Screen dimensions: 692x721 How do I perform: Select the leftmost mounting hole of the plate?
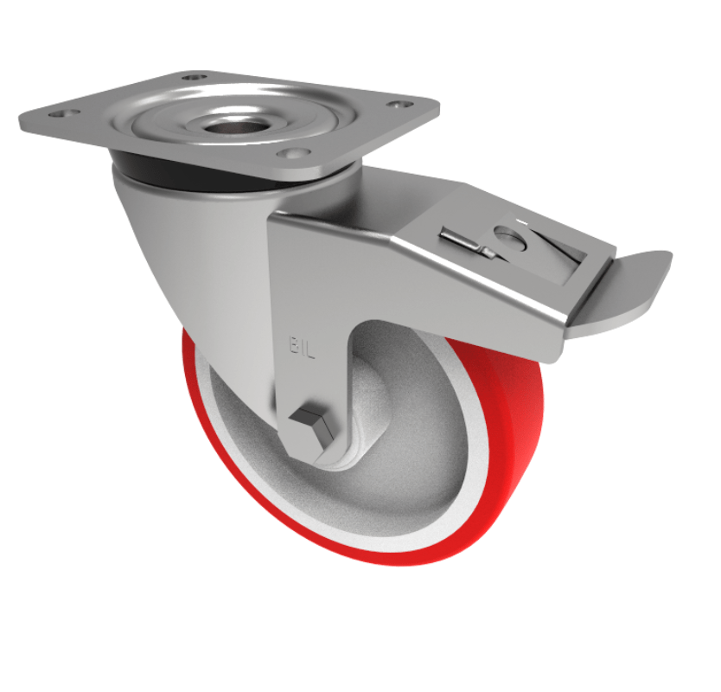click(61, 112)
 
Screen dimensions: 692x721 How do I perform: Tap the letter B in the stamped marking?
click(291, 346)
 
